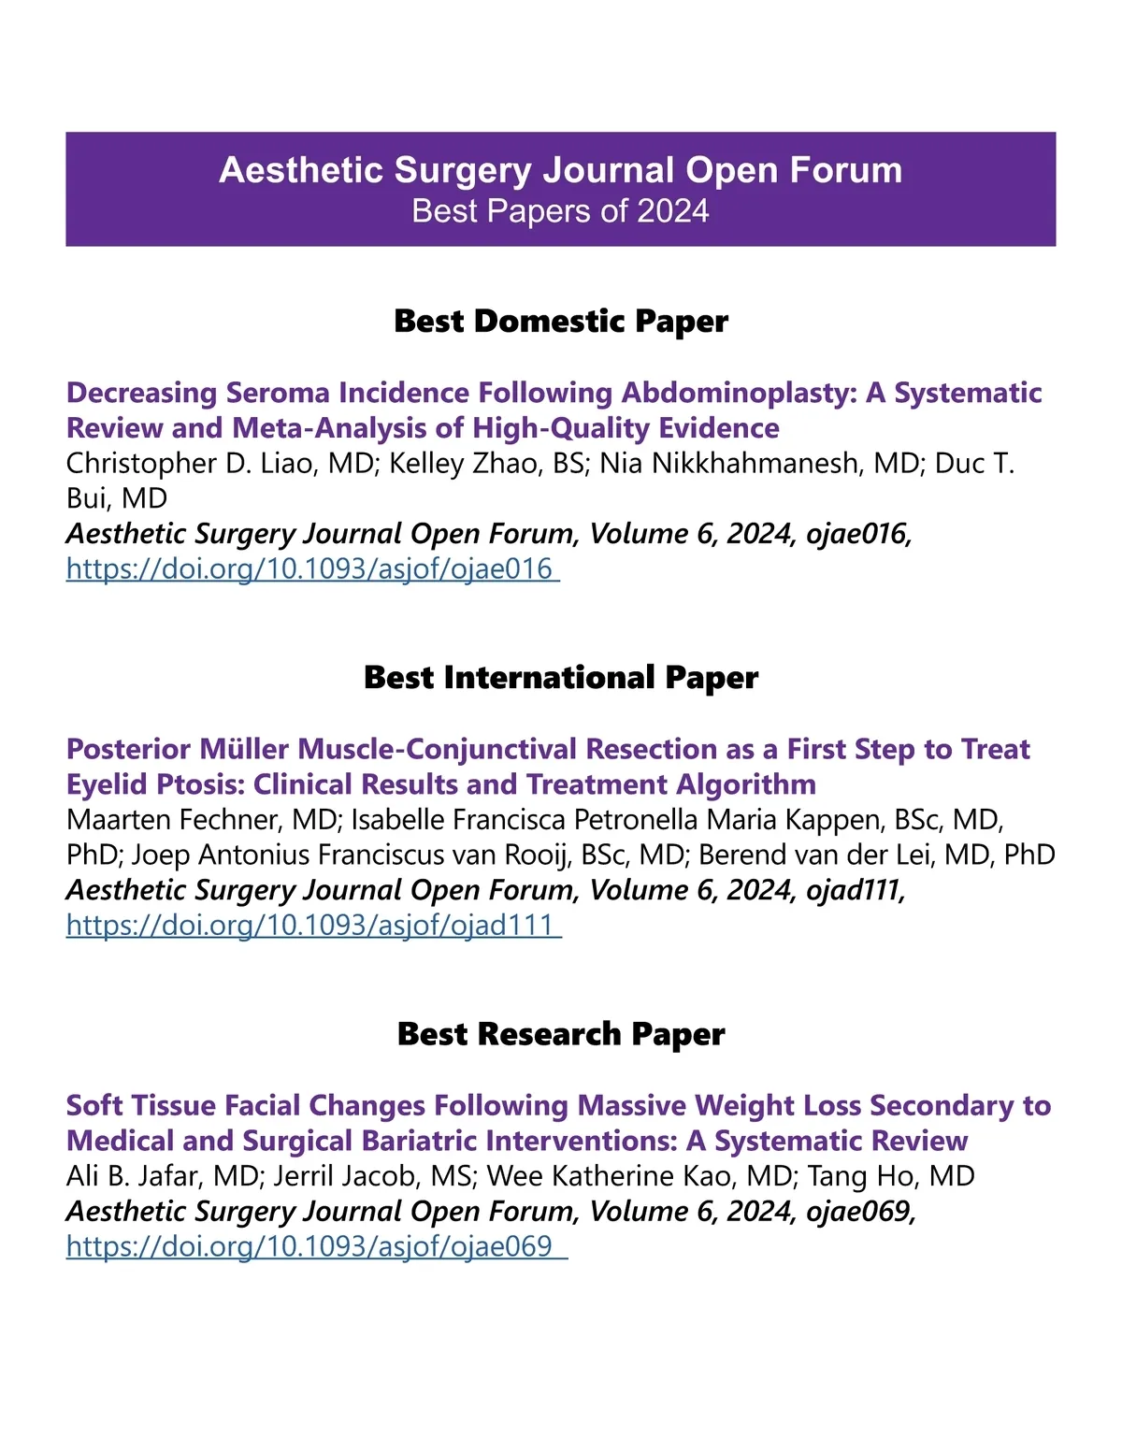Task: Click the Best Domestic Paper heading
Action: tap(561, 321)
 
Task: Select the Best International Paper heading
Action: tap(561, 677)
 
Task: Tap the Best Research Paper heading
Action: tap(561, 1033)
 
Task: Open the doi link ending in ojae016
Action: tap(310, 568)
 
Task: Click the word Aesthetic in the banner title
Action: tap(301, 170)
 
